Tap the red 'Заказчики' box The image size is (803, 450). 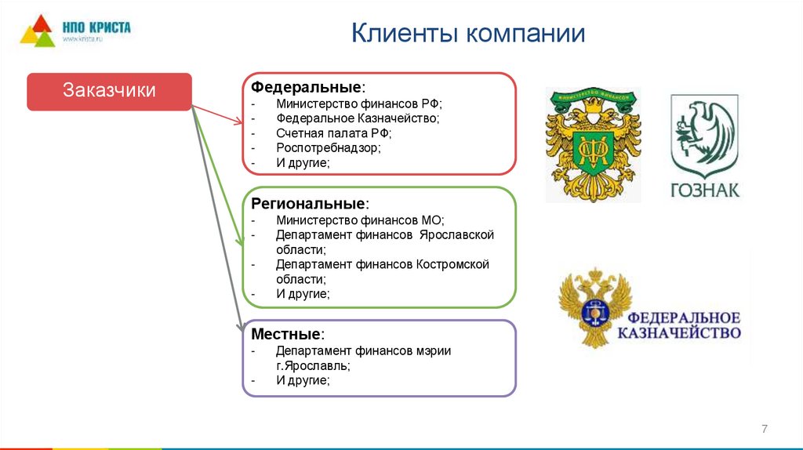point(110,91)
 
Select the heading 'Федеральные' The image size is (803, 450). point(307,86)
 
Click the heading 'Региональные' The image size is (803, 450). point(309,204)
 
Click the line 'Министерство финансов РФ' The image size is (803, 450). point(359,103)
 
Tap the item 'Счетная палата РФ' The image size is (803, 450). point(332,133)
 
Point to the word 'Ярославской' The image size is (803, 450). point(456,235)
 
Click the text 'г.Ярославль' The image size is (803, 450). point(312,365)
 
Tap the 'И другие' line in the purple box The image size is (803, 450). point(302,380)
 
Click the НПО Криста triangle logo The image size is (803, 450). point(37,31)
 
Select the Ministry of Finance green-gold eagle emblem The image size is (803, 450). point(593,144)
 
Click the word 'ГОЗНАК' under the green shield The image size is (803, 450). point(704,190)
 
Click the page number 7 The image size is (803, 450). point(765,429)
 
